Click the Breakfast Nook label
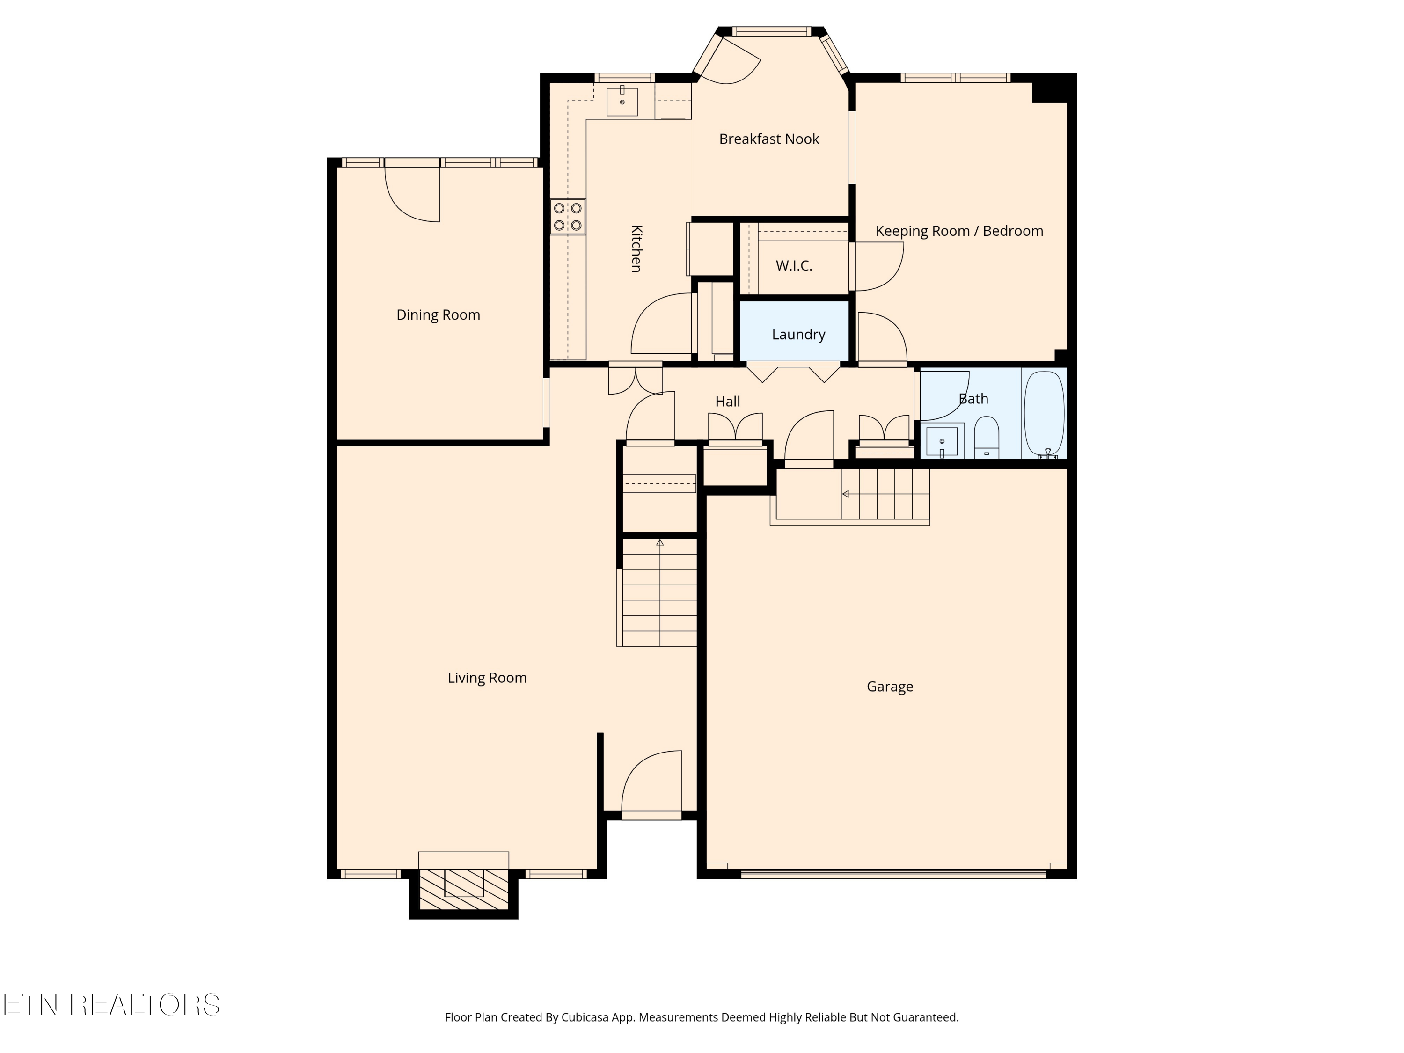pyautogui.click(x=768, y=139)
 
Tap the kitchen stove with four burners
pyautogui.click(x=567, y=216)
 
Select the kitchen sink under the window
pyautogui.click(x=622, y=102)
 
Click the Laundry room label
pyautogui.click(x=798, y=335)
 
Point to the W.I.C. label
pyautogui.click(x=793, y=266)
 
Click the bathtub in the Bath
pyautogui.click(x=1044, y=413)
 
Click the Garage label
pyautogui.click(x=889, y=686)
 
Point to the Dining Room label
pyautogui.click(x=438, y=315)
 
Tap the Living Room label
pyautogui.click(x=487, y=678)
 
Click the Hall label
pyautogui.click(x=727, y=402)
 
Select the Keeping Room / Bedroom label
pyautogui.click(x=958, y=231)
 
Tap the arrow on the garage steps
pyautogui.click(x=846, y=494)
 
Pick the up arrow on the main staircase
pyautogui.click(x=659, y=543)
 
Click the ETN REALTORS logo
pyautogui.click(x=112, y=1005)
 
